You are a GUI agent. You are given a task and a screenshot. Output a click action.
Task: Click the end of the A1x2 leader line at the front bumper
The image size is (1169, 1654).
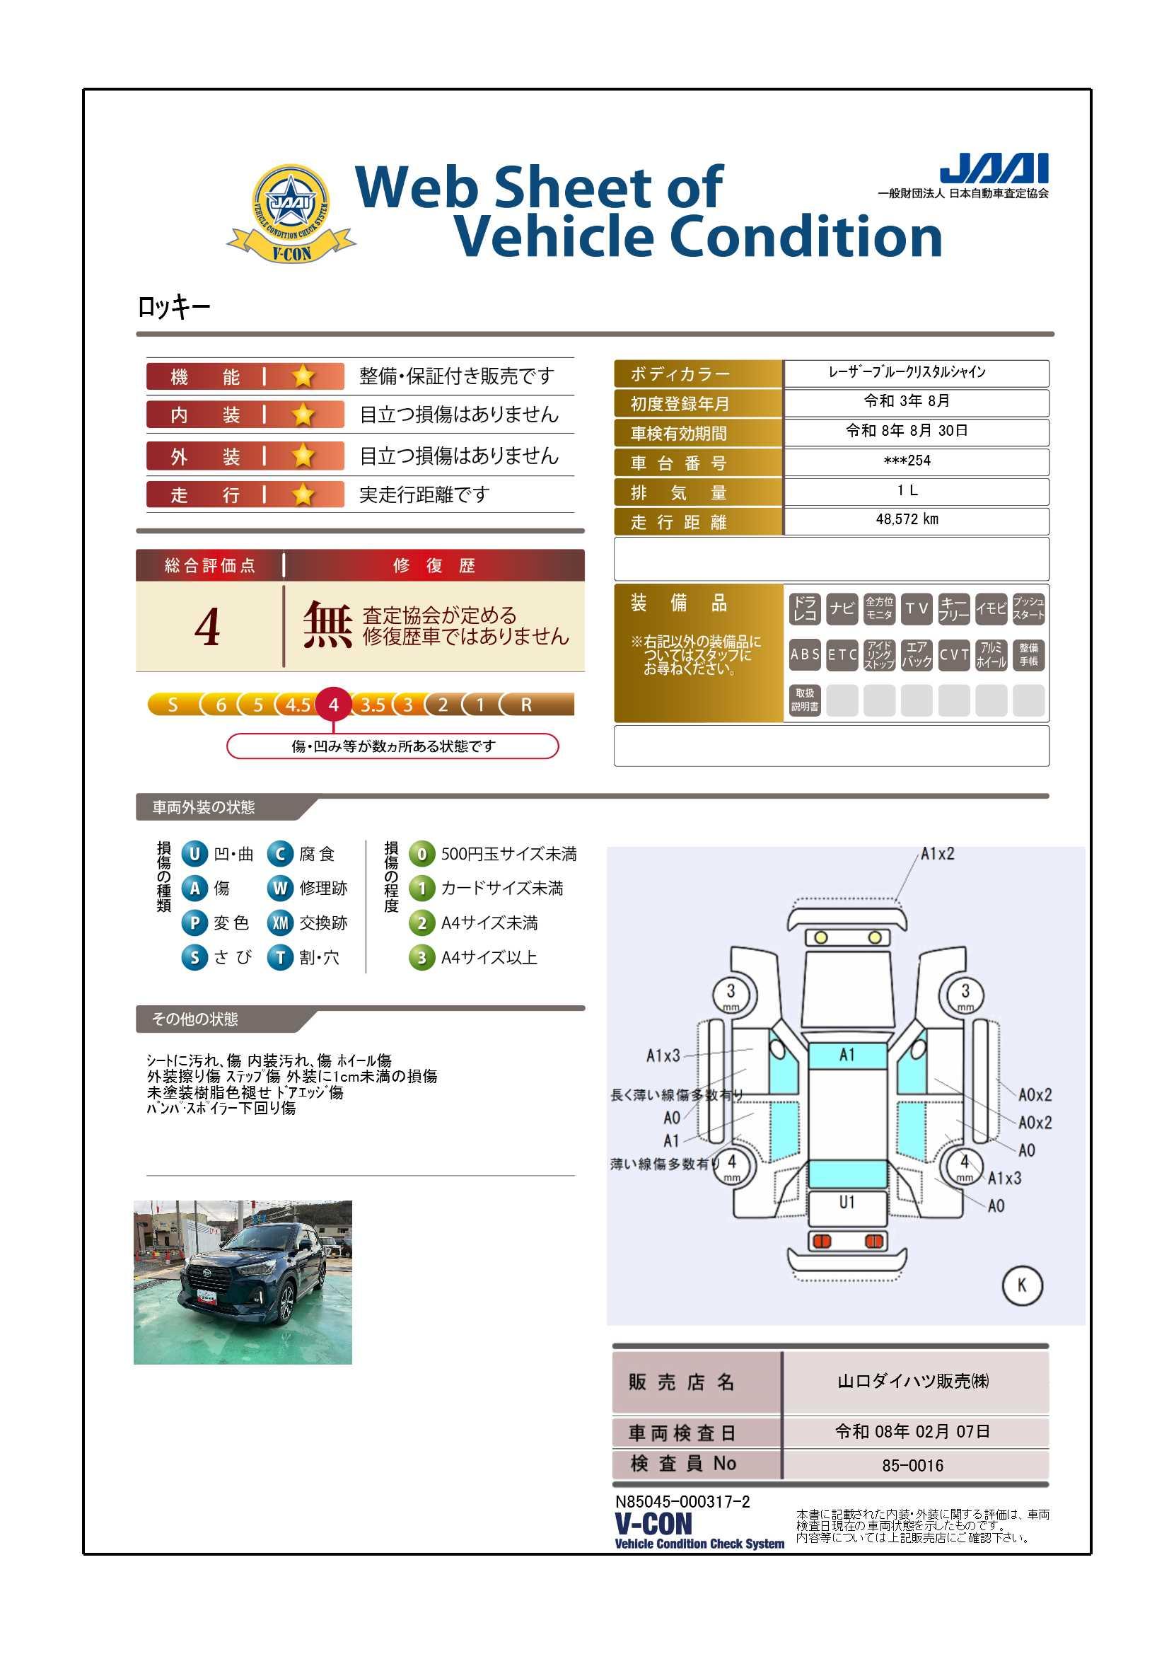897,900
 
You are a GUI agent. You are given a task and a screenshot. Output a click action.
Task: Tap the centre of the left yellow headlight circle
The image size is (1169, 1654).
820,937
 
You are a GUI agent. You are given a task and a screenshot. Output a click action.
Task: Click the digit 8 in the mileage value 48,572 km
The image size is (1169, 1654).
888,519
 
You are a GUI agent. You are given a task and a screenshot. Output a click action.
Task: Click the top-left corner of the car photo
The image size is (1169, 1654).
134,1201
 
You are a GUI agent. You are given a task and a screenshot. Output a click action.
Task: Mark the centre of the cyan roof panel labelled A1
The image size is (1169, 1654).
847,1056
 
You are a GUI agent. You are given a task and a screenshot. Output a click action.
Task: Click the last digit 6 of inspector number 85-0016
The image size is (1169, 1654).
938,1465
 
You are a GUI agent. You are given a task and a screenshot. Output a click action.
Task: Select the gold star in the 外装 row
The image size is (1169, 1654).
303,456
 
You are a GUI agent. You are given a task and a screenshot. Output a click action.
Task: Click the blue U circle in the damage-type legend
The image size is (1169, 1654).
194,855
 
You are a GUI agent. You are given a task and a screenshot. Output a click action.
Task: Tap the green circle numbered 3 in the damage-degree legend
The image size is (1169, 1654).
421,957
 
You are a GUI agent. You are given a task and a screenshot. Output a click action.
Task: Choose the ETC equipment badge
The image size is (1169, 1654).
842,655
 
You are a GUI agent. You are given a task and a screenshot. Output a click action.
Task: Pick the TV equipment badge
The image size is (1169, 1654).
917,608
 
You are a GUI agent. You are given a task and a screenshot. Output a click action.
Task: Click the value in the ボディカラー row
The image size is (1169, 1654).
907,372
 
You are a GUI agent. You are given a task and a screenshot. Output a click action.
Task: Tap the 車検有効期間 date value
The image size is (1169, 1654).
907,431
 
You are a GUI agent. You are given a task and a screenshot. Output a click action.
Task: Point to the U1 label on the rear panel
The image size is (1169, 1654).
847,1203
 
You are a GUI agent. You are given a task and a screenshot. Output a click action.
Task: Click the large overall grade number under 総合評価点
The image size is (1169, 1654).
207,628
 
